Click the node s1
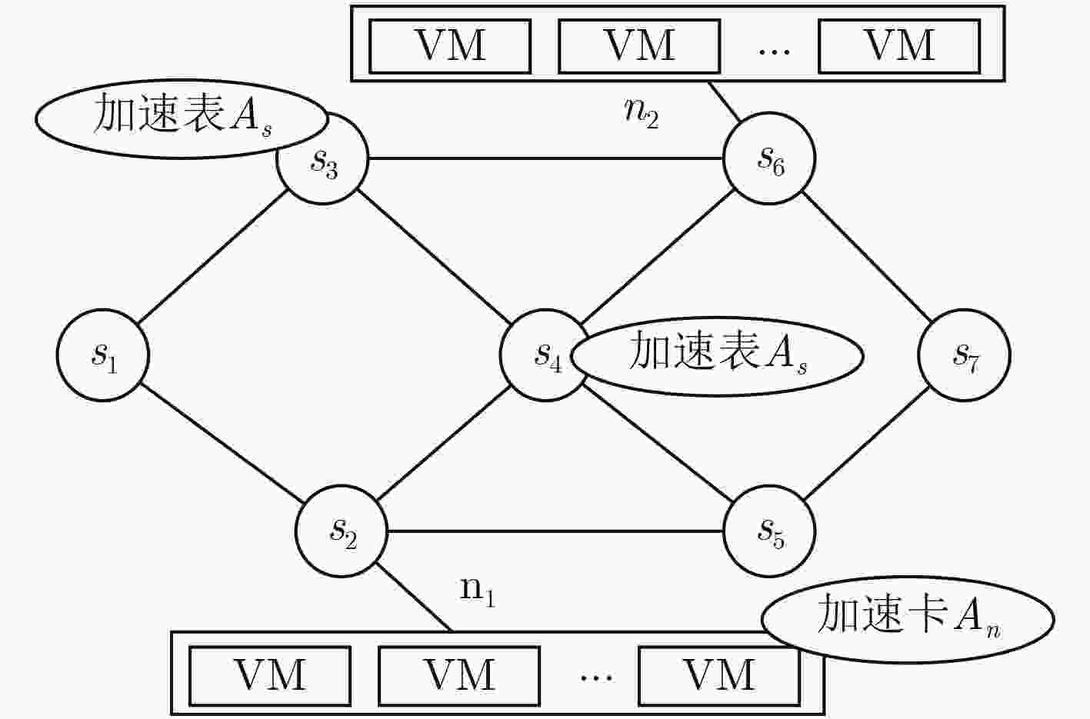click(102, 355)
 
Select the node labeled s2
click(341, 531)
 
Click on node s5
click(769, 531)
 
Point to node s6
click(769, 158)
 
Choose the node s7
click(965, 355)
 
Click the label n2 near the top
click(642, 113)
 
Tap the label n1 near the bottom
click(478, 591)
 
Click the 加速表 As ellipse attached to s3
click(182, 118)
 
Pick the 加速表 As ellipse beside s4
click(717, 356)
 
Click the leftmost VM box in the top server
click(450, 46)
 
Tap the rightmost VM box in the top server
click(899, 46)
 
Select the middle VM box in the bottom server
click(459, 676)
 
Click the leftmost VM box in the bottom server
click(270, 676)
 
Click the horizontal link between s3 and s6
click(545, 158)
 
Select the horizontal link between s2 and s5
click(555, 531)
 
